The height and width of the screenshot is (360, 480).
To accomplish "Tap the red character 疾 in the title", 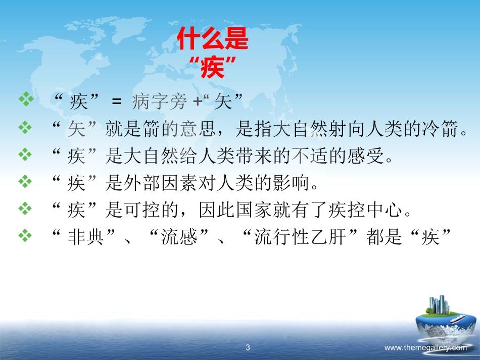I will (212, 68).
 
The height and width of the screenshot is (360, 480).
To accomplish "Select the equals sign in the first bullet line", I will (117, 103).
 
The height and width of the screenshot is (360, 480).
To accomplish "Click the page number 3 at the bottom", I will (248, 347).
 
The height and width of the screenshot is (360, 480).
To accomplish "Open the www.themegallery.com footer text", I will (425, 347).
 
